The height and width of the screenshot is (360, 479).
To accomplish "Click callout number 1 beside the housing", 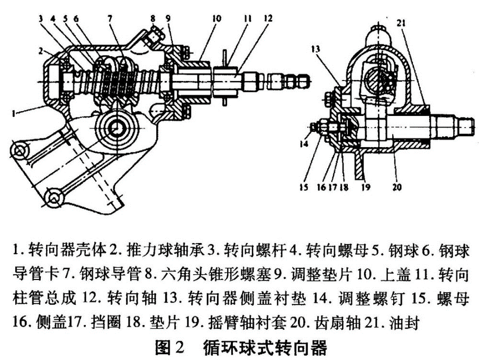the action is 13,114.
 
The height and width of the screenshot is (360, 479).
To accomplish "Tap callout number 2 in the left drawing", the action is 41,50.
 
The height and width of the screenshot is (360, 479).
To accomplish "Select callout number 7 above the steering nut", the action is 110,19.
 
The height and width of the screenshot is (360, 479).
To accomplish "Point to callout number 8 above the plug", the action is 153,19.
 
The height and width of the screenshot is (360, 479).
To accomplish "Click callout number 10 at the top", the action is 216,19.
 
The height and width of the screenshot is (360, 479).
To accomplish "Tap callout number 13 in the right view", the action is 316,49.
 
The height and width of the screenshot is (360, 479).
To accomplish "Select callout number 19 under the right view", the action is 365,187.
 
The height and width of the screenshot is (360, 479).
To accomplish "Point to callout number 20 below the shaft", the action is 396,187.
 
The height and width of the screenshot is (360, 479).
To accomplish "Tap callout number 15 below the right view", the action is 304,187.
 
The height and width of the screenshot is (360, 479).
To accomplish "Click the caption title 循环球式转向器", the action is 265,347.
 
